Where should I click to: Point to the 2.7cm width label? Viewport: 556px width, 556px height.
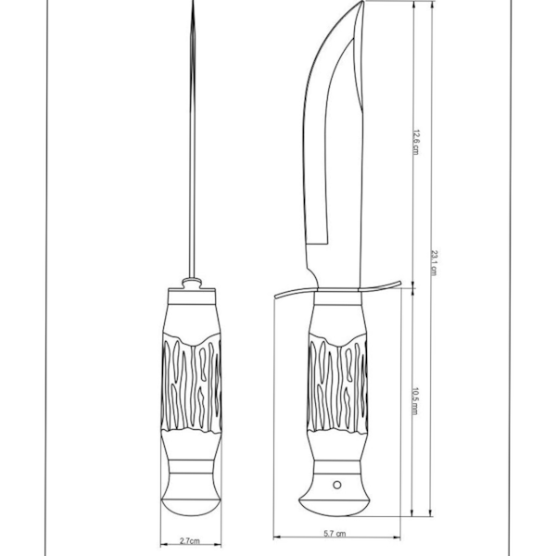pos(189,538)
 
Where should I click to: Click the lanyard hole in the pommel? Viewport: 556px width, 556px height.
pos(338,485)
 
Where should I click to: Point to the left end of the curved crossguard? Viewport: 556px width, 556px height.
pos(277,297)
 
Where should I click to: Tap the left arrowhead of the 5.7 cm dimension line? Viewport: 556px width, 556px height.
pos(276,535)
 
